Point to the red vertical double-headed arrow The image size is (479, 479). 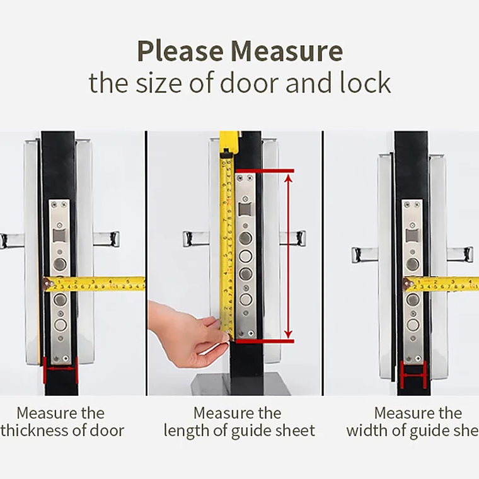click(288, 255)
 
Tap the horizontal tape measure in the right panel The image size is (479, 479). click(441, 284)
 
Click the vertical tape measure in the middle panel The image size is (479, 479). click(226, 239)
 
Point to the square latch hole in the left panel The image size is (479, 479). click(60, 235)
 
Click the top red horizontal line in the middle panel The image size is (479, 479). click(266, 170)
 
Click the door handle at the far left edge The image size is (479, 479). click(9, 239)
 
